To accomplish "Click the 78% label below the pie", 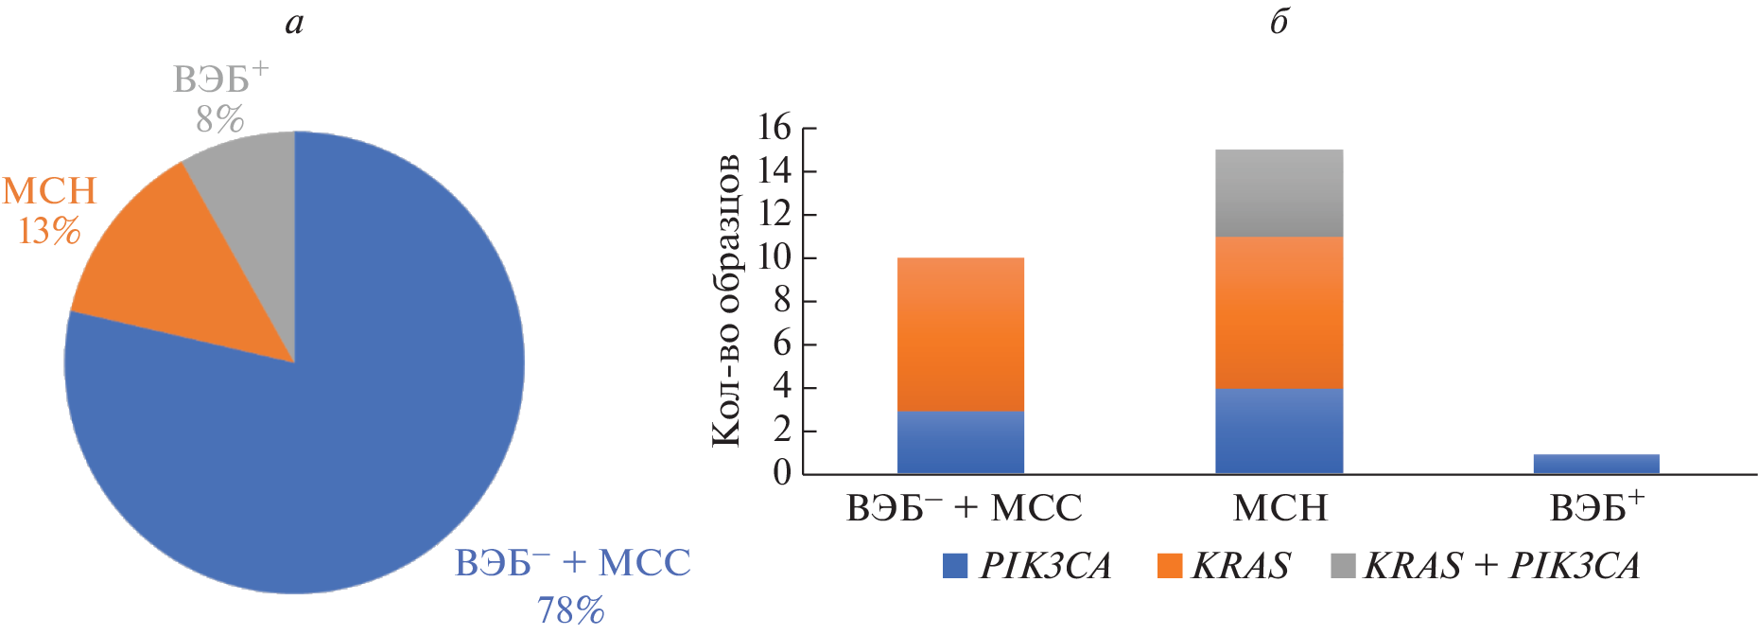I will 570,610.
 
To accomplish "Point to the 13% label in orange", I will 49,231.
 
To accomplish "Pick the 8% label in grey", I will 219,119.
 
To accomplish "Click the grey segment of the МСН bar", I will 1279,193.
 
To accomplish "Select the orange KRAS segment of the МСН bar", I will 1279,312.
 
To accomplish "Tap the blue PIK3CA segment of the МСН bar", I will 1279,431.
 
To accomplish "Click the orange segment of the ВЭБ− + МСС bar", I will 960,334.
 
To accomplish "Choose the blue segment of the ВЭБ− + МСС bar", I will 960,442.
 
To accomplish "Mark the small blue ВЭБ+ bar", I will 1596,464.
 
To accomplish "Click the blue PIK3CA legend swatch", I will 955,566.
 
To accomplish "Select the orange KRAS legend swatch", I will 1170,566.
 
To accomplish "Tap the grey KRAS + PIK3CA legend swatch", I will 1343,566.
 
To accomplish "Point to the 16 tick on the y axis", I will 775,128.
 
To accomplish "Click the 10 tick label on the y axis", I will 775,257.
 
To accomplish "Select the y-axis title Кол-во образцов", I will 725,299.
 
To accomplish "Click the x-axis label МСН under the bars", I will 1279,509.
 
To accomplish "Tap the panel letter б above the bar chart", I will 1279,21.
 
